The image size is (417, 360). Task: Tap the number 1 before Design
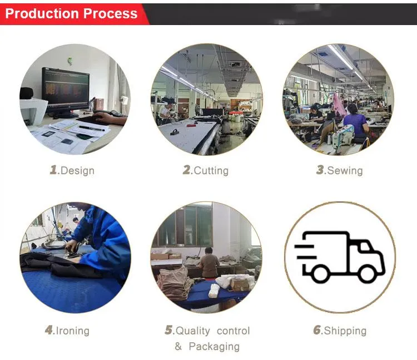pyautogui.click(x=54, y=170)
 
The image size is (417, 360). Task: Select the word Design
pyautogui.click(x=77, y=171)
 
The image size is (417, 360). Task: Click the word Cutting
pyautogui.click(x=211, y=171)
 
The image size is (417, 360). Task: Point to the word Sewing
pyautogui.click(x=345, y=170)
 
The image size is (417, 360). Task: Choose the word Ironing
pyautogui.click(x=72, y=331)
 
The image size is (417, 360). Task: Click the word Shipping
pyautogui.click(x=345, y=331)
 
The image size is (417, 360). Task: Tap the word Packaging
pyautogui.click(x=214, y=347)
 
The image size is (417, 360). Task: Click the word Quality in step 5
pyautogui.click(x=192, y=331)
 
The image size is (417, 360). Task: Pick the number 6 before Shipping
pyautogui.click(x=317, y=331)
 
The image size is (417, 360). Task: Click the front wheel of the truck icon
pyautogui.click(x=368, y=273)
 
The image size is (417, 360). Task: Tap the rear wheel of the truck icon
pyautogui.click(x=320, y=273)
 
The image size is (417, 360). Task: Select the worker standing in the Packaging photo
pyautogui.click(x=210, y=262)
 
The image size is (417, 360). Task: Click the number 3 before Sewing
pyautogui.click(x=320, y=170)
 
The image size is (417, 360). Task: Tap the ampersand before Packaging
pyautogui.click(x=178, y=347)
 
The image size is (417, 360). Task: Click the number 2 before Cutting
pyautogui.click(x=187, y=170)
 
